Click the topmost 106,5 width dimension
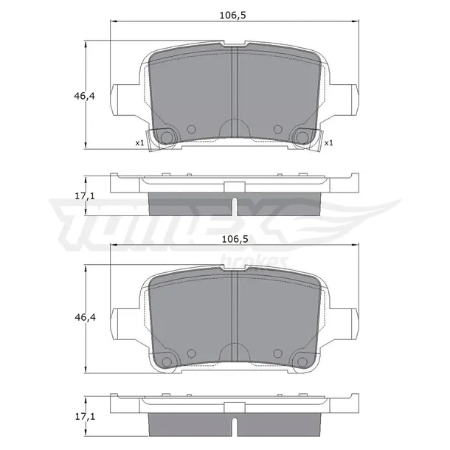(234, 13)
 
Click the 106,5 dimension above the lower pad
(234, 240)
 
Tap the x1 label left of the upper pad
(139, 143)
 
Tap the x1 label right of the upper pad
(328, 143)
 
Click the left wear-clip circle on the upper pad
(166, 136)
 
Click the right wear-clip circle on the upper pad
(302, 136)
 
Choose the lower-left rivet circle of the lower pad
(166, 361)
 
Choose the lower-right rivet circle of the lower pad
(302, 361)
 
